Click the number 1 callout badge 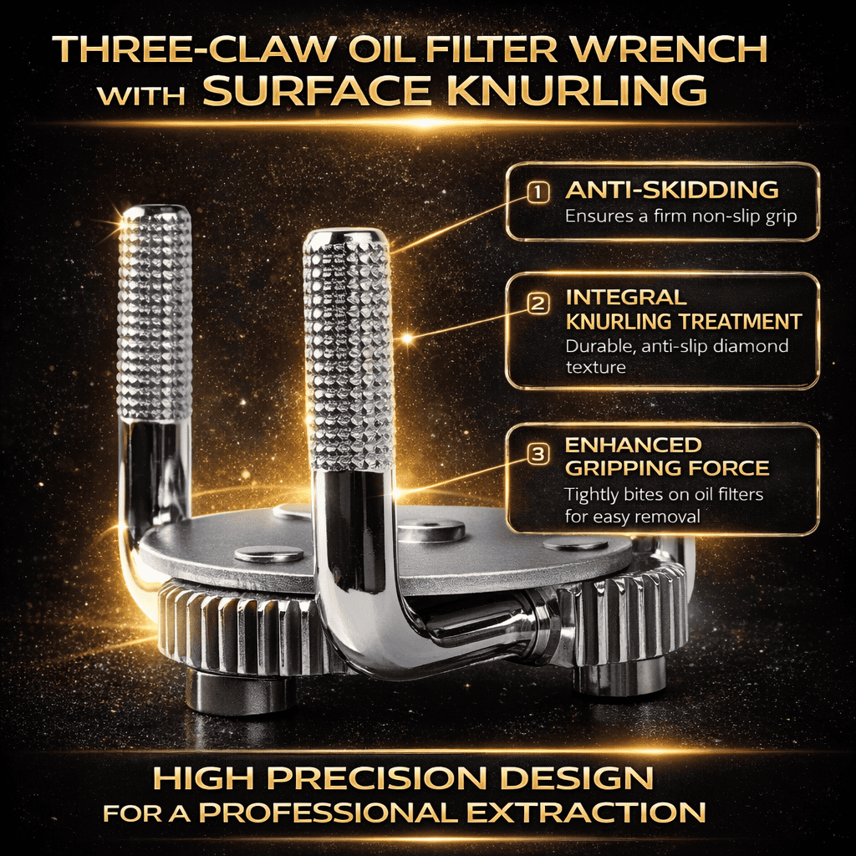538,192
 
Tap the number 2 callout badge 538,303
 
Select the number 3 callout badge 538,454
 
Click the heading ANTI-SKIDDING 671,190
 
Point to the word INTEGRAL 625,298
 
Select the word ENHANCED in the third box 634,445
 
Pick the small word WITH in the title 141,96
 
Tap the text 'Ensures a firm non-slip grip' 680,217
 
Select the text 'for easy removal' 632,516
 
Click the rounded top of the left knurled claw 155,214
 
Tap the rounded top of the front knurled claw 345,238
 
